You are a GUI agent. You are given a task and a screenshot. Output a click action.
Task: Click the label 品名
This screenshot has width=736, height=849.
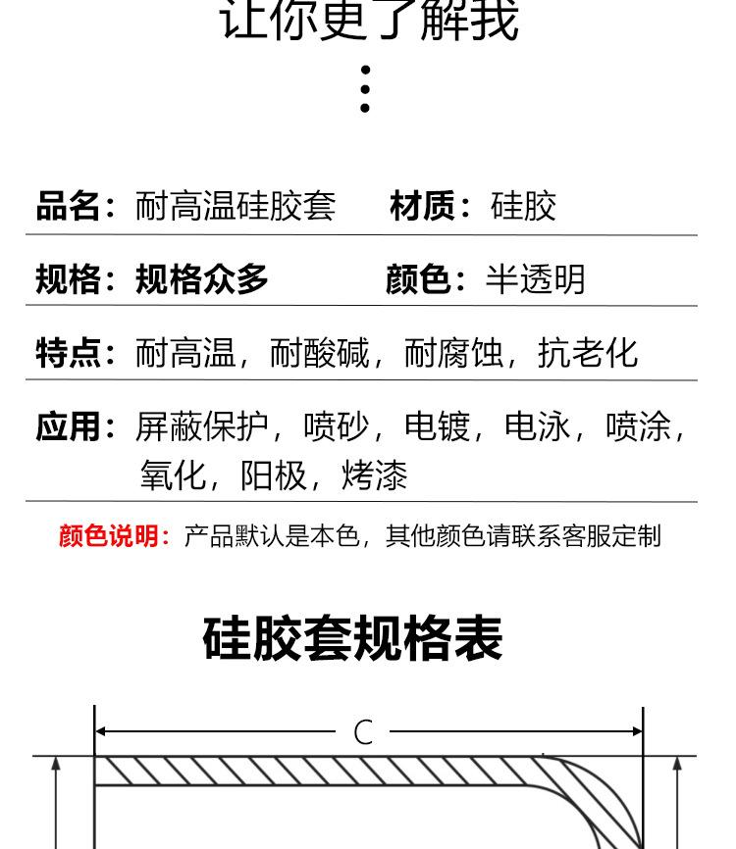click(68, 206)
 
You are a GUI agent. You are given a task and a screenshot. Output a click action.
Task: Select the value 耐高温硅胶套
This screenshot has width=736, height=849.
click(236, 206)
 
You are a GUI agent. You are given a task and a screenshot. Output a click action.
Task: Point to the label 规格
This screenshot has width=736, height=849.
click(68, 279)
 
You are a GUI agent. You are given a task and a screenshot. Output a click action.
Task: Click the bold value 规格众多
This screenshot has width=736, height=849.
click(201, 279)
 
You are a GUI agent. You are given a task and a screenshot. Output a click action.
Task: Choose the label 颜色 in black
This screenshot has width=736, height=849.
click(417, 279)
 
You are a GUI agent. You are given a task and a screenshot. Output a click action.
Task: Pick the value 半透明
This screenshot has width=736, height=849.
click(535, 279)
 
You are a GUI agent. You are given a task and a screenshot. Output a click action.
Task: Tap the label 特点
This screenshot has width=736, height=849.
click(68, 353)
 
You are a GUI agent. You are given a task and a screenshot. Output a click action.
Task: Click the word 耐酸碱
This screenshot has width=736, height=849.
click(319, 353)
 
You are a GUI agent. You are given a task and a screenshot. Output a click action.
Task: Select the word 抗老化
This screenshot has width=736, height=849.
click(587, 353)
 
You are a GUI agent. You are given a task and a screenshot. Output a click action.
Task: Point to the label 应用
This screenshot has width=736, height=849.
click(68, 426)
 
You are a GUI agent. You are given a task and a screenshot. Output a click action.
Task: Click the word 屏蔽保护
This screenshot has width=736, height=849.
click(201, 426)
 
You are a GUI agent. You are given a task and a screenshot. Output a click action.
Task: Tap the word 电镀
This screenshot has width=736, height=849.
click(437, 426)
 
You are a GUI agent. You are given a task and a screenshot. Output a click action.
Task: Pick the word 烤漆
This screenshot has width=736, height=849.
click(374, 475)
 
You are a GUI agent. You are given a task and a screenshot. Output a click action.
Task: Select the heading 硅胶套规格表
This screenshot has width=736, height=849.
click(352, 638)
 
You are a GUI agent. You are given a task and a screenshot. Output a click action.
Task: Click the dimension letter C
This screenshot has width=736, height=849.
click(363, 732)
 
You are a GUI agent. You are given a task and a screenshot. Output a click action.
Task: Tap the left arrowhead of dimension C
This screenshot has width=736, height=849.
click(100, 731)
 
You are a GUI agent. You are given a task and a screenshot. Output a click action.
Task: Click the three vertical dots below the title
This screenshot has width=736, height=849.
click(365, 89)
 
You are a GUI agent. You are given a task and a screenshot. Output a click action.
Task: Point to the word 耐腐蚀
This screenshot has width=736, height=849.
click(453, 353)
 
